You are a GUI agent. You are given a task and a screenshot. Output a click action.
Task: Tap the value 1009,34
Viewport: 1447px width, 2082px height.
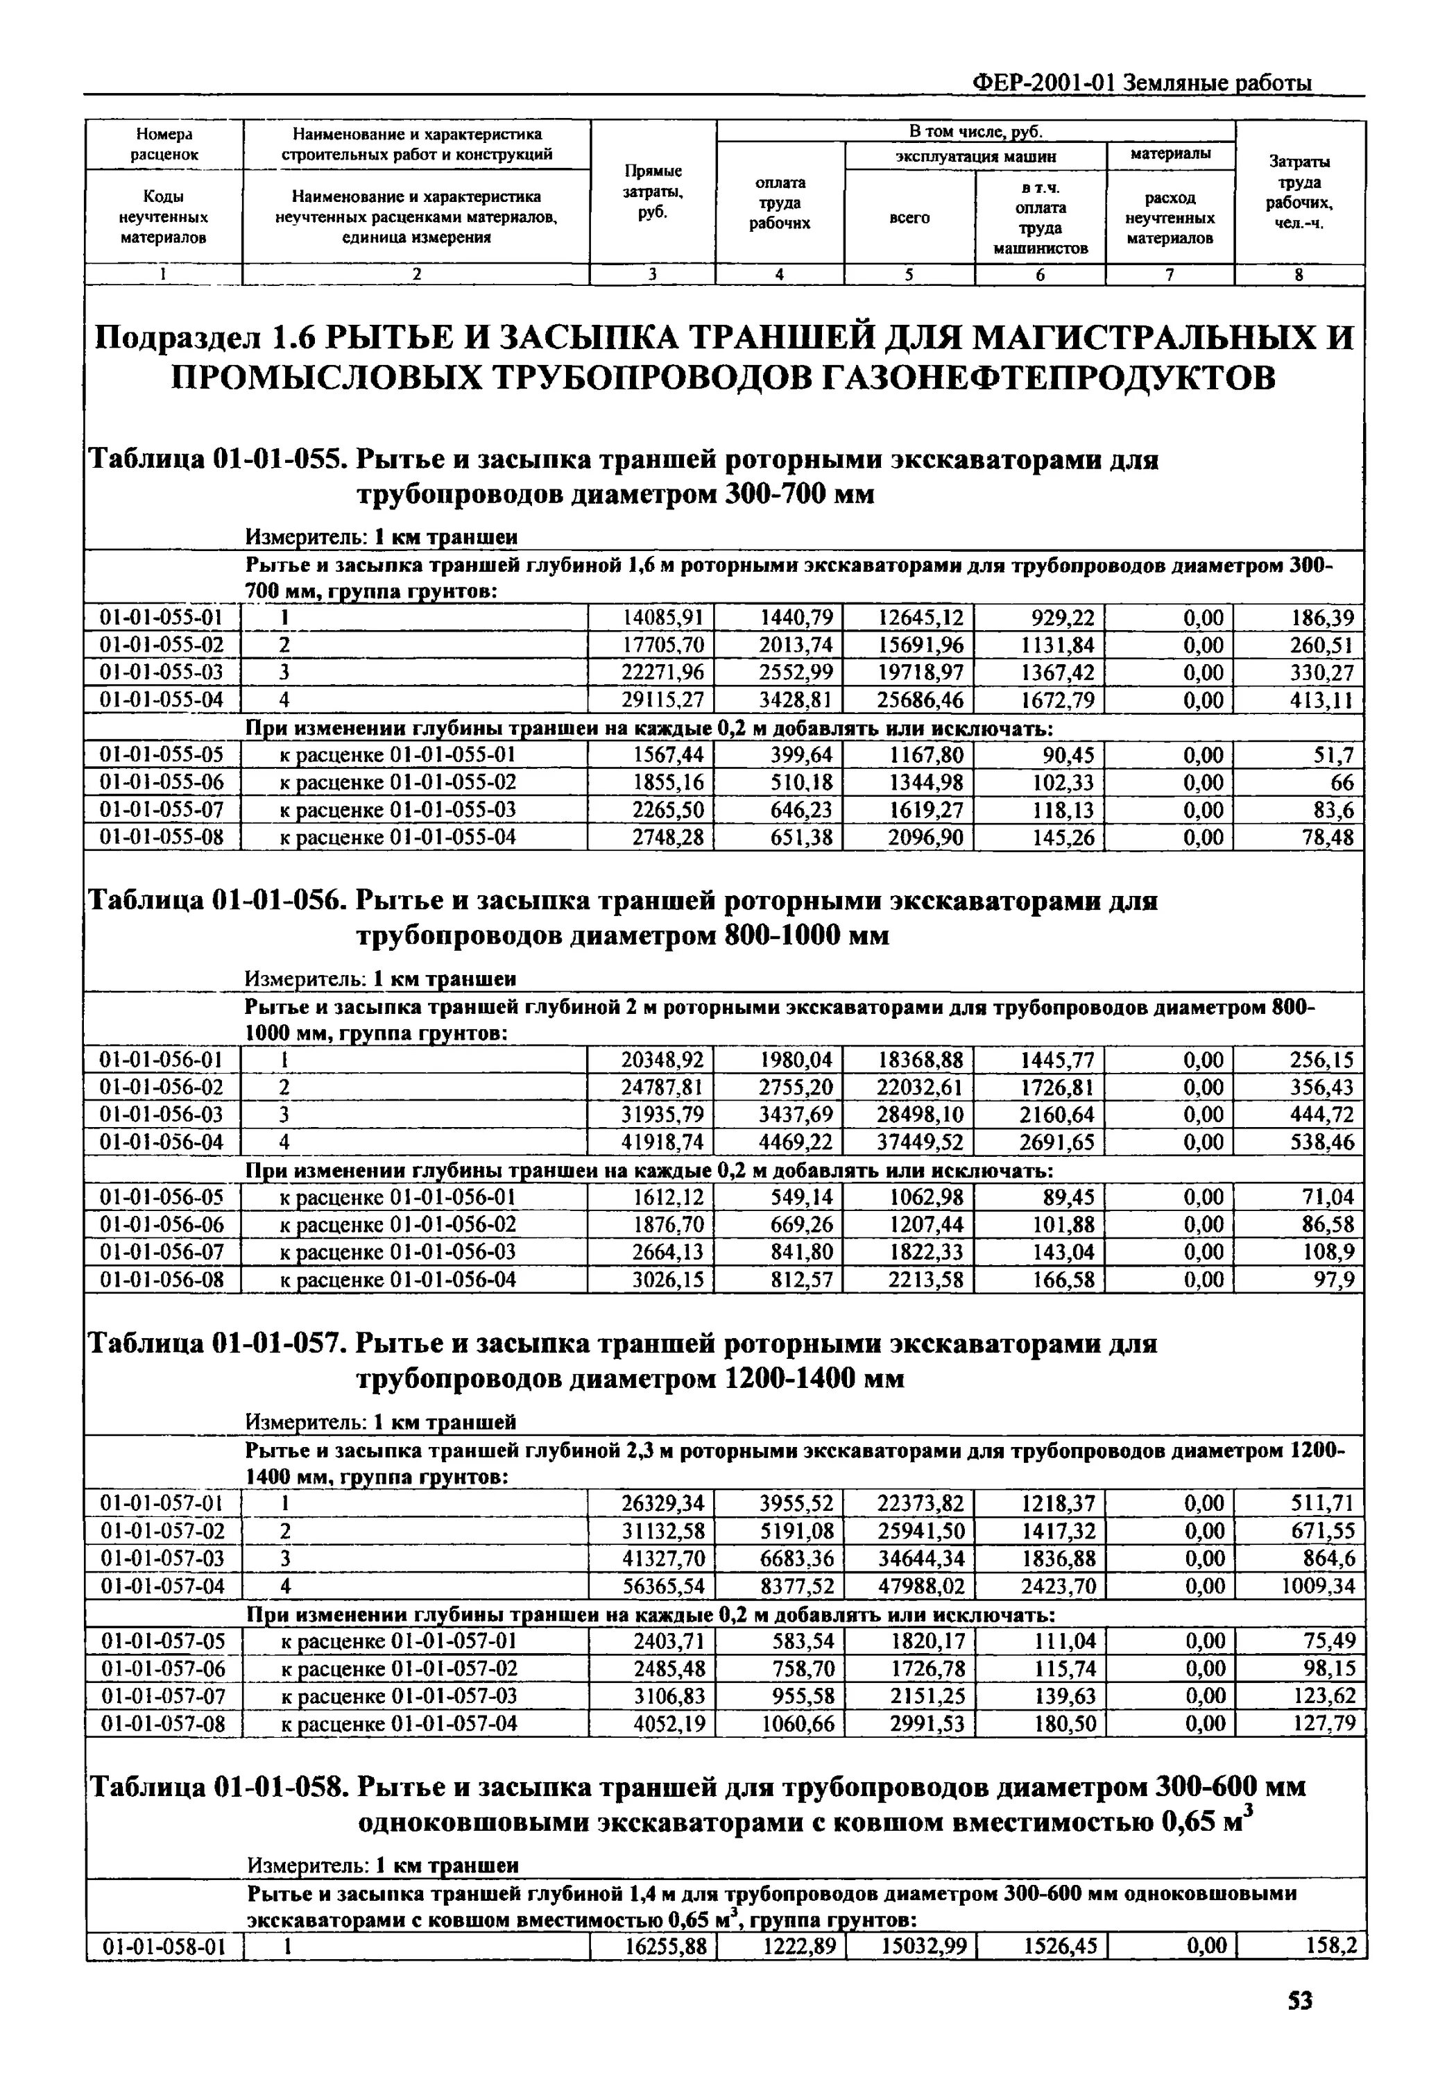click(x=1317, y=1586)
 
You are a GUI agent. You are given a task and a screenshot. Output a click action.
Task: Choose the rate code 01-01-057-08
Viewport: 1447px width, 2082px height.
click(x=163, y=1723)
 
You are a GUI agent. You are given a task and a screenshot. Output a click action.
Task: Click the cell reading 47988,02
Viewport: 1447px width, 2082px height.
click(x=921, y=1586)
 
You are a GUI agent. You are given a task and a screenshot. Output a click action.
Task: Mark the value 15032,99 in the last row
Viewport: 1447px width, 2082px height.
click(x=924, y=1946)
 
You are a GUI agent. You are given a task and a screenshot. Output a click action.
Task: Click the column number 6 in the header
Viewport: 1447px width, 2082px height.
click(x=1040, y=275)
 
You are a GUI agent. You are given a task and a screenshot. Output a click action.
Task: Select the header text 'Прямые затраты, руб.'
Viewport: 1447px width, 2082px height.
click(x=653, y=192)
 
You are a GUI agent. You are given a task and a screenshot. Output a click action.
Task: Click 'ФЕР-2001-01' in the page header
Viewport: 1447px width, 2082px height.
click(x=1043, y=83)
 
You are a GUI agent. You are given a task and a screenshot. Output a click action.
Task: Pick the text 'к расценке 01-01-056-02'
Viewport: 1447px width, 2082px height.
click(x=398, y=1225)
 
